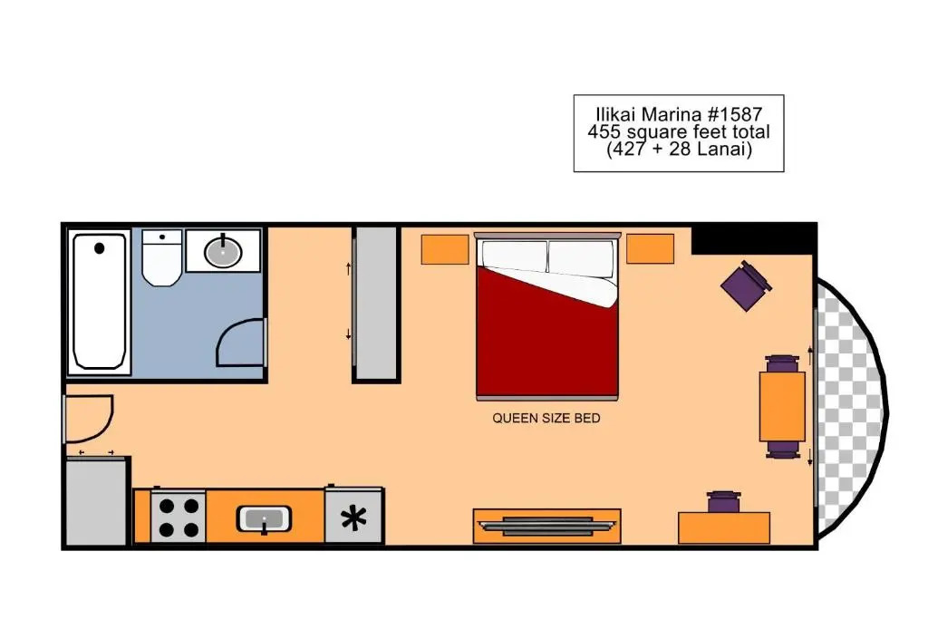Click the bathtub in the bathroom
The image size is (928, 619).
(99, 302)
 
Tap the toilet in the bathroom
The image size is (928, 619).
(161, 258)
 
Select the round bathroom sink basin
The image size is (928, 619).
(223, 252)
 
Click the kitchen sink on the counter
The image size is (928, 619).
(264, 519)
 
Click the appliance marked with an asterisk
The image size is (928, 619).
(354, 516)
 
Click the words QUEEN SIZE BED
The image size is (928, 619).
(546, 419)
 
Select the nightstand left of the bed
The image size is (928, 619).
(445, 249)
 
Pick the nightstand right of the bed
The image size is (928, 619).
(651, 248)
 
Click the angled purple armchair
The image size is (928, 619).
(746, 285)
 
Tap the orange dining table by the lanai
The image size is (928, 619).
(782, 406)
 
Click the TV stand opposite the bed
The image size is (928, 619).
(546, 526)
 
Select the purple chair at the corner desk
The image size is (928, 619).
(723, 502)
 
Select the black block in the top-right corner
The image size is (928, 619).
(754, 239)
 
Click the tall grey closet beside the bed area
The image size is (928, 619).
(376, 304)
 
